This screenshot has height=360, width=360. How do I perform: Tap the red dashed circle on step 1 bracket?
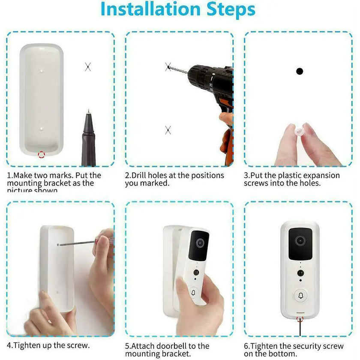(42, 154)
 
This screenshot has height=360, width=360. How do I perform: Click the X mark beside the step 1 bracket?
(88, 66)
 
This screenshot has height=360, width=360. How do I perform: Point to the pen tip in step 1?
(88, 112)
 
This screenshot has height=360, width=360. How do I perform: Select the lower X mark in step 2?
(168, 130)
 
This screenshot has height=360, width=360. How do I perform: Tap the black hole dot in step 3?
(300, 71)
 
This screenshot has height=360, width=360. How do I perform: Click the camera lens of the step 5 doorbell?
(200, 243)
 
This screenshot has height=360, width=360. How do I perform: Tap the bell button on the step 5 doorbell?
(193, 293)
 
